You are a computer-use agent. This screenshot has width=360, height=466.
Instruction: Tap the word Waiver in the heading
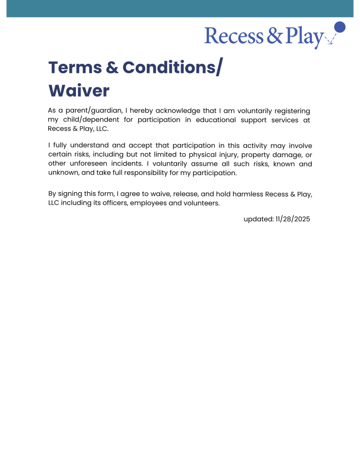(79, 91)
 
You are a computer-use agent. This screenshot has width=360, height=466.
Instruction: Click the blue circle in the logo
(340, 27)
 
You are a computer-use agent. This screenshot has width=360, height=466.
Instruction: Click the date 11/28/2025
(293, 219)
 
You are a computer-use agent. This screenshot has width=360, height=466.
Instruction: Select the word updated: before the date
(258, 219)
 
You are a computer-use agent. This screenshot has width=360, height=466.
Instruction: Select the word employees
(148, 203)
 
